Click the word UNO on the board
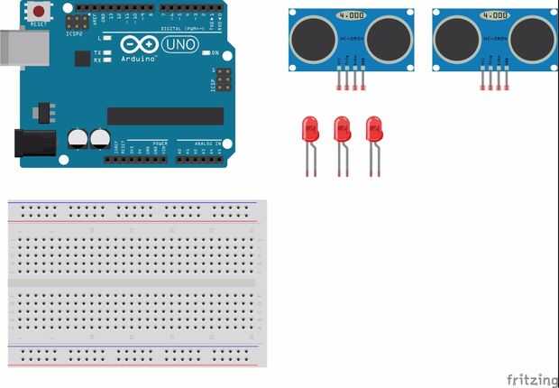179,44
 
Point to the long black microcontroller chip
165,115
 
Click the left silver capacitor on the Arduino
78,139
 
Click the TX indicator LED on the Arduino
107,53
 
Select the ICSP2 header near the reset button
78,20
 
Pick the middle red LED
342,128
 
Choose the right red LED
373,128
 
